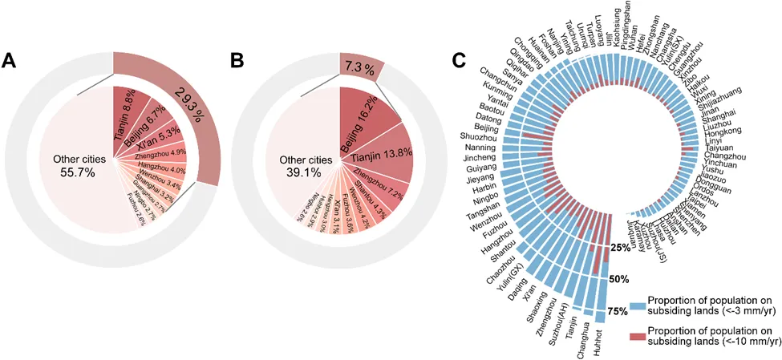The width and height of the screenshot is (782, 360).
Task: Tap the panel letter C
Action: pos(459,61)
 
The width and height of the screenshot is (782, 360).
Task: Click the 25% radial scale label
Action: pos(618,248)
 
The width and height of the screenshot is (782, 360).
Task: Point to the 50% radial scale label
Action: pos(618,280)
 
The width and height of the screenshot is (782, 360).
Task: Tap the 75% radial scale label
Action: pos(618,311)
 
